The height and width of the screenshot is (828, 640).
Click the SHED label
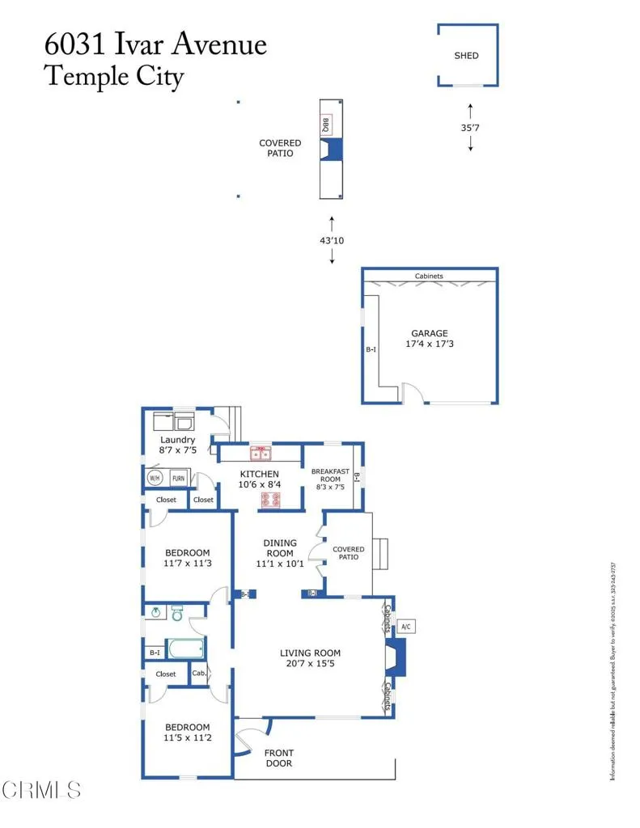[466, 56]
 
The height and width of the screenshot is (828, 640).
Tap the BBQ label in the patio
[326, 125]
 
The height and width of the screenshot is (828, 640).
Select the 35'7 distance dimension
[470, 127]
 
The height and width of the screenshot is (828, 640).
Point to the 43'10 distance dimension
[331, 240]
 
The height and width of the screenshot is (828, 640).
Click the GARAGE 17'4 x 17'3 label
[429, 339]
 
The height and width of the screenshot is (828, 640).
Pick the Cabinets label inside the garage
[429, 277]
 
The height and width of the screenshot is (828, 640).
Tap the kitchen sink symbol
[260, 453]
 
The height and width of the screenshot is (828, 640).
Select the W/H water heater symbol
[155, 478]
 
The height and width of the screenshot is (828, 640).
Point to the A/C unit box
[406, 626]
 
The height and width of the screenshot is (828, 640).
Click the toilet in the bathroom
[177, 615]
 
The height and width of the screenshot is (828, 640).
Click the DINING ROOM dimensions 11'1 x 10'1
[279, 564]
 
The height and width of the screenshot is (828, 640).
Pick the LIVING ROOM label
[310, 653]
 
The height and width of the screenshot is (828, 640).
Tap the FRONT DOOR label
[278, 758]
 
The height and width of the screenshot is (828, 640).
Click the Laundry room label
[177, 441]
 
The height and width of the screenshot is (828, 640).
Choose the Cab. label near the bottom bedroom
[198, 673]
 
